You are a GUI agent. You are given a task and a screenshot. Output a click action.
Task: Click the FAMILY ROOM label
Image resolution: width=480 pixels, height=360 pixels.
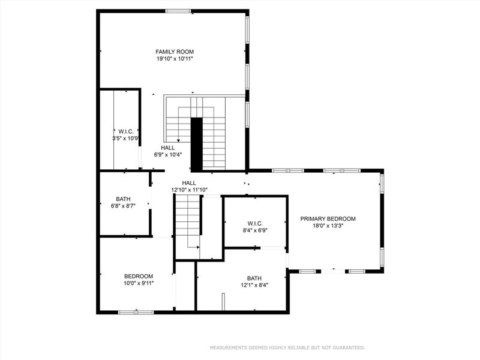175,52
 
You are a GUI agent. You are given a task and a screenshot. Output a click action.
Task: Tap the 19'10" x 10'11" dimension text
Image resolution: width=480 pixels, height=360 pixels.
175,59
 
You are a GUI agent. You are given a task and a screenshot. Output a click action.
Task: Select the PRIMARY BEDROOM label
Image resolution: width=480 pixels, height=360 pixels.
328,219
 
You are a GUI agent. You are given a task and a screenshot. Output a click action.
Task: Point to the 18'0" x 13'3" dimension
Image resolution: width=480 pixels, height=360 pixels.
328,226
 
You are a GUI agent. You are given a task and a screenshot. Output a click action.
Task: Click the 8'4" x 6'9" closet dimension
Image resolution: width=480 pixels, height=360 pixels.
255,230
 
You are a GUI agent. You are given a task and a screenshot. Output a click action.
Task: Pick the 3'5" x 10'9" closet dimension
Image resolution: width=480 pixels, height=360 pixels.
125,138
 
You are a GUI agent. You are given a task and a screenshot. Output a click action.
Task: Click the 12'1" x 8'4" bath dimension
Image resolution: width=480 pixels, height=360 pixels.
254,285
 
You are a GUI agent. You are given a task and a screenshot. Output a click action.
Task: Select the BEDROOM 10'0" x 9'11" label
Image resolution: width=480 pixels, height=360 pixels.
139,280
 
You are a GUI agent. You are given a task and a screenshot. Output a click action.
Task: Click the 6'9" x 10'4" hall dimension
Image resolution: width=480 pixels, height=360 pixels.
168,154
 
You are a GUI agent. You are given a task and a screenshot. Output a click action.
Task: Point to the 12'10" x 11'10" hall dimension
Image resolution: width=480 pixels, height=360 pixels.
189,190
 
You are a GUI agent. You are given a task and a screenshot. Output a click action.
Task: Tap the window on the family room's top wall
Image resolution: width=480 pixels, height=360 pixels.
178,11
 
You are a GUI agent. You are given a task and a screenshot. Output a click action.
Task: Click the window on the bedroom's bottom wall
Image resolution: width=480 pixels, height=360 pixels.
136,312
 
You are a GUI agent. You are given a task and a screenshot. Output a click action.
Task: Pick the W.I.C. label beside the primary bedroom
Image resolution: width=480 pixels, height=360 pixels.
255,223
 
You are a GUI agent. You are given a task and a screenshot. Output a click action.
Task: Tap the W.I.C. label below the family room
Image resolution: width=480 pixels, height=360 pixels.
125,131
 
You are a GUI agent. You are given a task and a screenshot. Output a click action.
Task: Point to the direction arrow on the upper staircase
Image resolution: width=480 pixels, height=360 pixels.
178,140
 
